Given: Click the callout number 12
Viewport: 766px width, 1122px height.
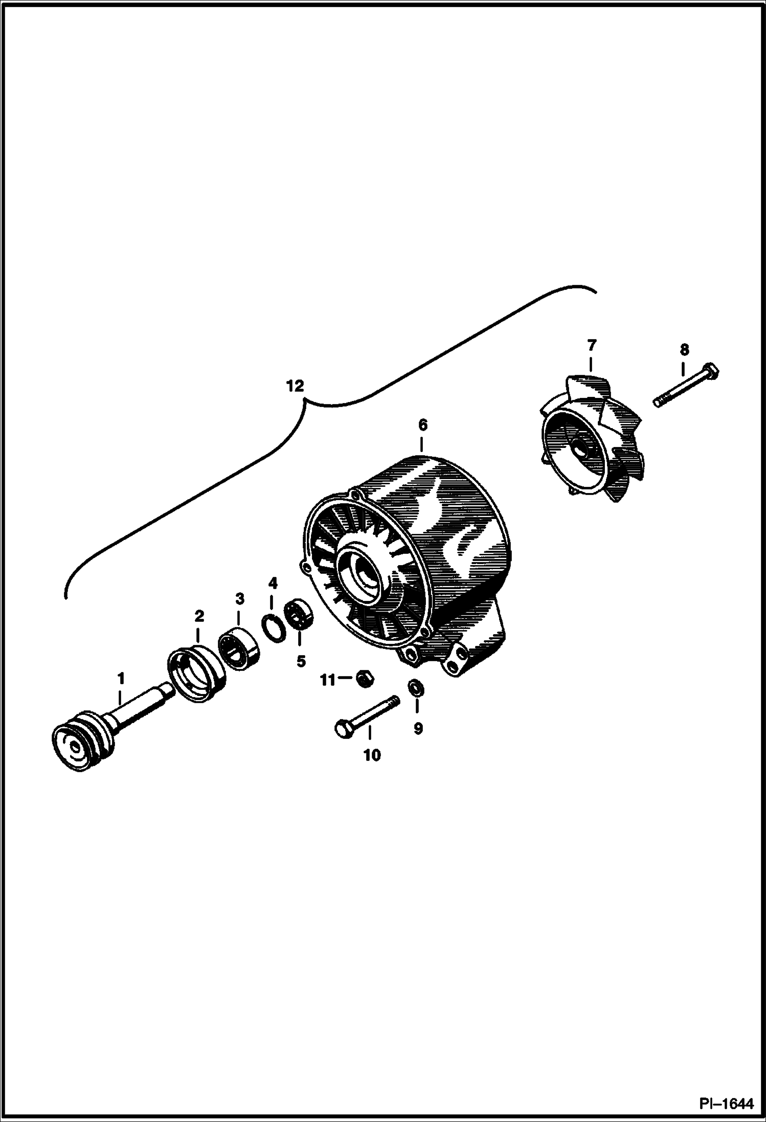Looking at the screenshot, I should tap(295, 386).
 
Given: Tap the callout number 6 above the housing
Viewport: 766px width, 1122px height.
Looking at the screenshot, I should tap(422, 425).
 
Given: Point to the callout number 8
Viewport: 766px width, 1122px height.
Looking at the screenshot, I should tap(684, 350).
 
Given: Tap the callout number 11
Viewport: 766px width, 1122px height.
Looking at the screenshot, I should tap(328, 680).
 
